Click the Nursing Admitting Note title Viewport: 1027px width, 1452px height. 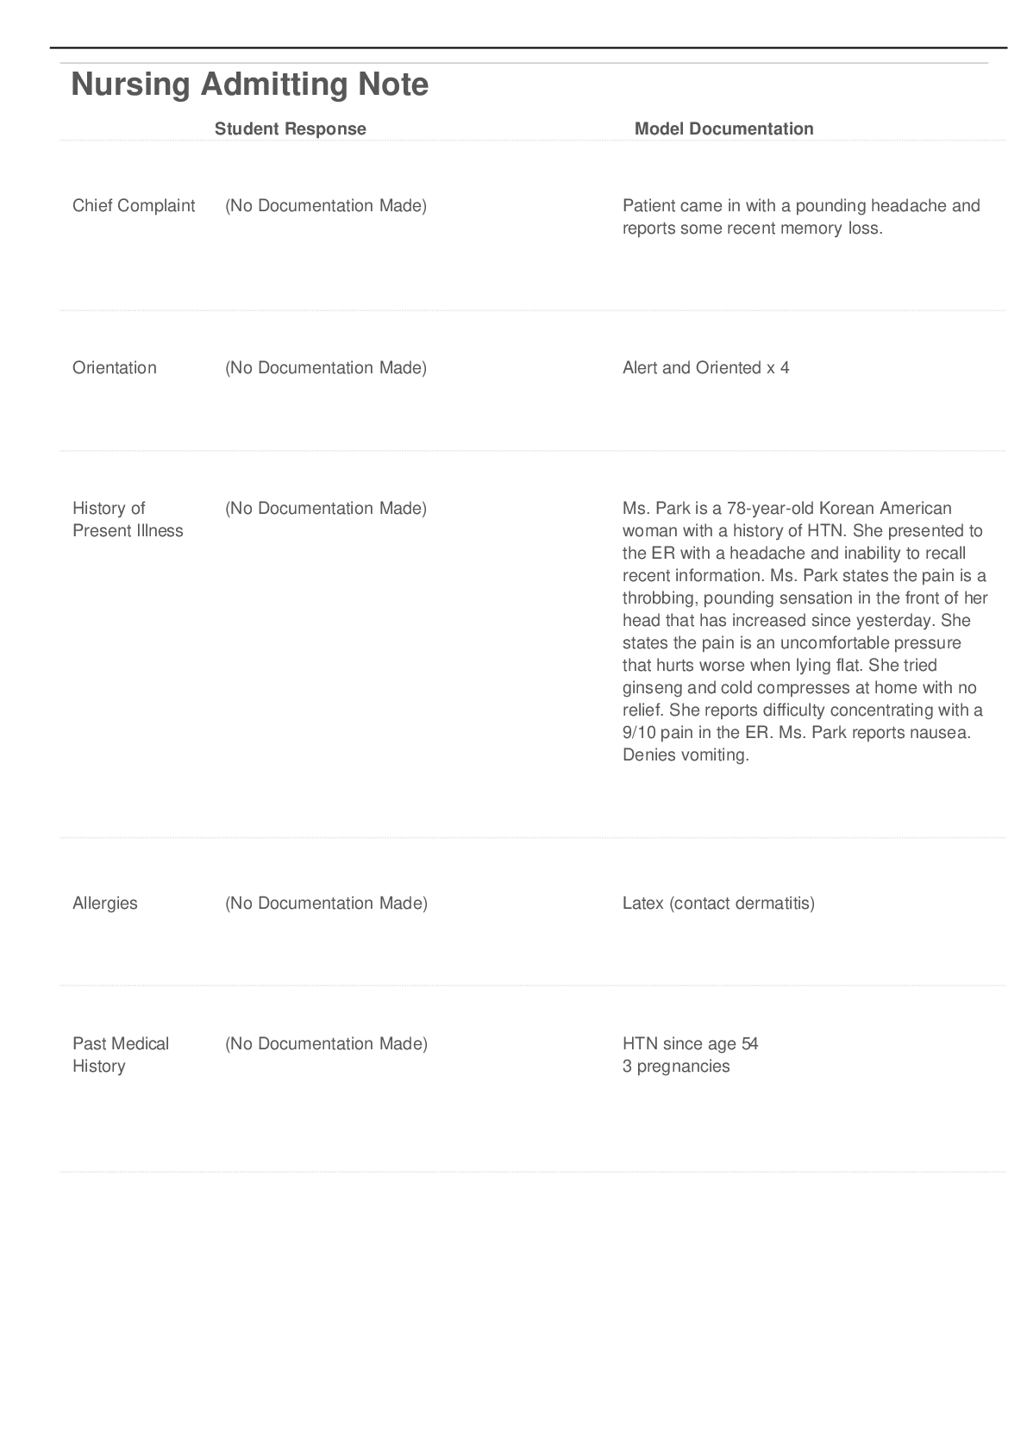click(249, 84)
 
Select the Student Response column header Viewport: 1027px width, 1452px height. click(290, 129)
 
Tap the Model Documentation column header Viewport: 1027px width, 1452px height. click(723, 129)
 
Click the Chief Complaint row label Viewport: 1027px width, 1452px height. click(134, 206)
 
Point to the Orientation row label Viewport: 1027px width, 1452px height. click(115, 368)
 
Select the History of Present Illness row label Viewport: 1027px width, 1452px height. click(128, 519)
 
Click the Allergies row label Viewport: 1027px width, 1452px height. click(105, 904)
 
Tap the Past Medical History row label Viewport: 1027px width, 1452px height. click(120, 1055)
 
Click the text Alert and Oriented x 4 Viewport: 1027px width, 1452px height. click(705, 368)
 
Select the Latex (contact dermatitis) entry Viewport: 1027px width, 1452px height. click(717, 904)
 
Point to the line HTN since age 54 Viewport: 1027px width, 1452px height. click(690, 1044)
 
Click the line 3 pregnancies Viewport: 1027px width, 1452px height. click(676, 1067)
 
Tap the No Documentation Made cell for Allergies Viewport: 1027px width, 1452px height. click(326, 904)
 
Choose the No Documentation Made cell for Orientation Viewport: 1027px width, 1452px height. click(326, 368)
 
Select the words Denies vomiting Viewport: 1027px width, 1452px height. click(686, 755)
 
